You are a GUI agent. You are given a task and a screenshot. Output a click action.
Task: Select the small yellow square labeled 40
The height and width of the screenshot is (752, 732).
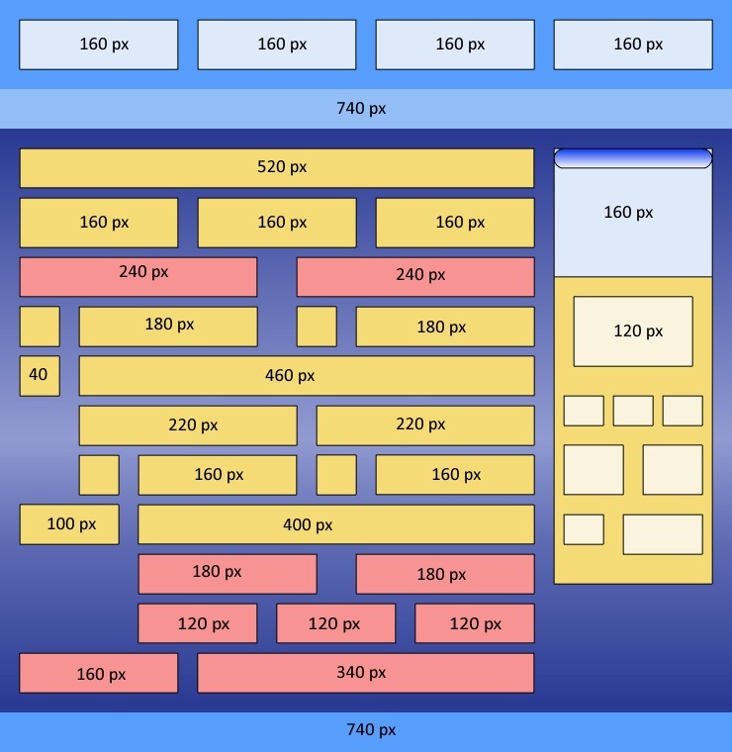[x=40, y=376]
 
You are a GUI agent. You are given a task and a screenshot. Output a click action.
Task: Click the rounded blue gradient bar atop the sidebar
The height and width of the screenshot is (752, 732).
[x=633, y=158]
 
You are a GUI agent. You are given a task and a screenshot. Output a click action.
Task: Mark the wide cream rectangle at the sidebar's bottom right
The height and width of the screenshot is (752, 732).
[x=663, y=534]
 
